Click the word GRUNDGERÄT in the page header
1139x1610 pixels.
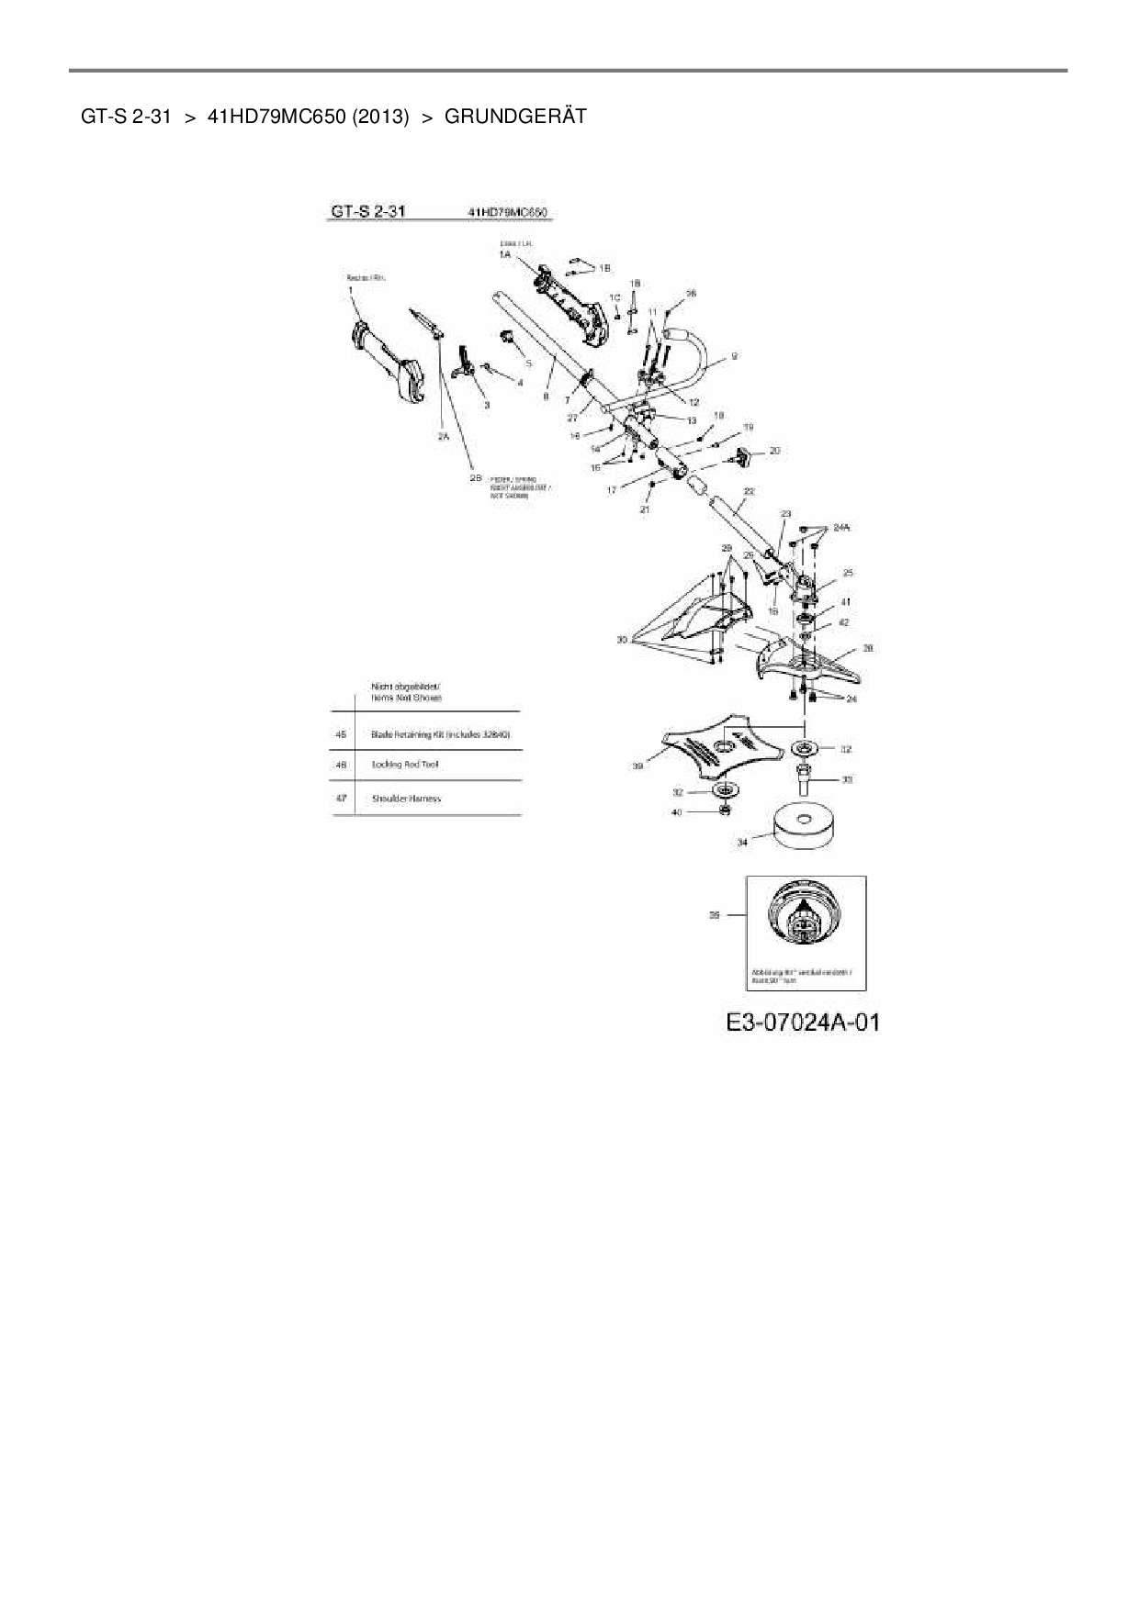514,117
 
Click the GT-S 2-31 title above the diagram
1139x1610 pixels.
367,212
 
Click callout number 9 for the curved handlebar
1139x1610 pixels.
733,355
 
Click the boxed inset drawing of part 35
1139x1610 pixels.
806,931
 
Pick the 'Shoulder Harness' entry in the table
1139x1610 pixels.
406,799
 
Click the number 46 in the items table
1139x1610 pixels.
341,764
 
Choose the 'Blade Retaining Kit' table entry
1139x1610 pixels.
440,734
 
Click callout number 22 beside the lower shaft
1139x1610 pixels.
749,492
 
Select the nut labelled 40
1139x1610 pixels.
726,811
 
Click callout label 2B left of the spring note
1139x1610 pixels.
476,478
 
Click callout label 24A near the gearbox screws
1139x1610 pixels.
840,528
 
